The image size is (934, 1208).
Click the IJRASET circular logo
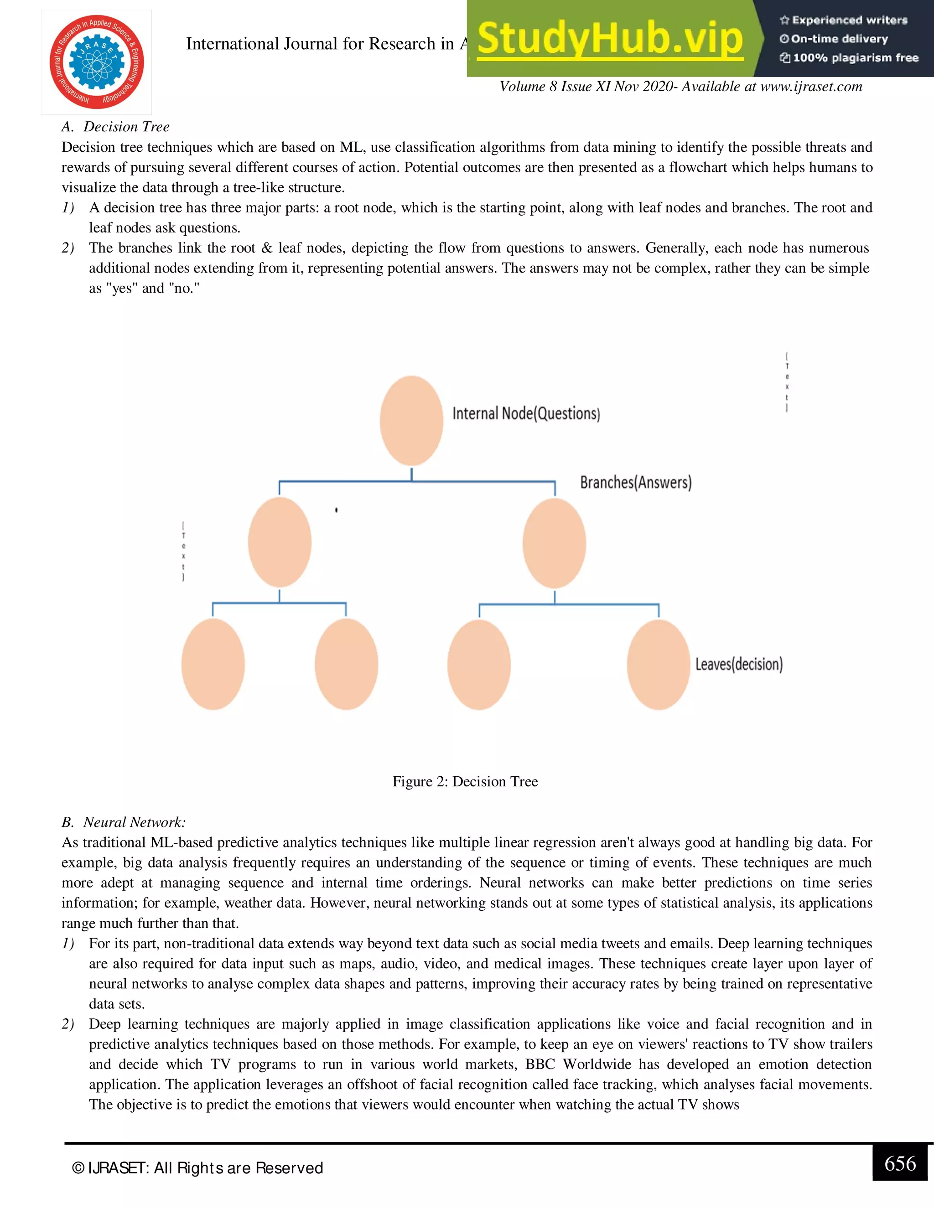(x=97, y=62)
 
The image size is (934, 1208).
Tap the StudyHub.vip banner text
(x=609, y=39)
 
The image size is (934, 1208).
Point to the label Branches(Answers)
(x=635, y=482)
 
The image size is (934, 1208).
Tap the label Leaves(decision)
(x=739, y=664)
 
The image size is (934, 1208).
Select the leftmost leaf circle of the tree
(x=213, y=664)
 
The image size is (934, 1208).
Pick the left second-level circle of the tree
(x=280, y=542)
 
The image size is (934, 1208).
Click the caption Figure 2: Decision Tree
(x=465, y=781)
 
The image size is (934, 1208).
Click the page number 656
(x=900, y=1163)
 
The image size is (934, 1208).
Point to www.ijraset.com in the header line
(x=810, y=86)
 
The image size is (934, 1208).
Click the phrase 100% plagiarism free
(x=855, y=58)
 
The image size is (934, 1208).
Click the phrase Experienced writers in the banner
(x=849, y=21)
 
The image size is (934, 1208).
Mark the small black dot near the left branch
(x=337, y=510)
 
